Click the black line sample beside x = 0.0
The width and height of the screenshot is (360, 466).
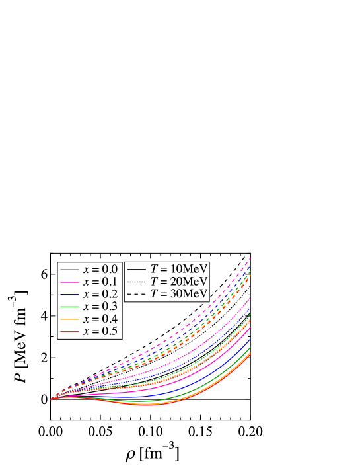(70, 270)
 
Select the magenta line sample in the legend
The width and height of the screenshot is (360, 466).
(70, 282)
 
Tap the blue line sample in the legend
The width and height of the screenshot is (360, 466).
(70, 294)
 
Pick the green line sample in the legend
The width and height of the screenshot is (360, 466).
(70, 307)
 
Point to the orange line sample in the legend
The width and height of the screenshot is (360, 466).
(70, 319)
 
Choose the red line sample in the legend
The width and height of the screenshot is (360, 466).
(70, 332)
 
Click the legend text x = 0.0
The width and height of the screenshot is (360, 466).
(100, 269)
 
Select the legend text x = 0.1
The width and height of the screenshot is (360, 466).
(100, 282)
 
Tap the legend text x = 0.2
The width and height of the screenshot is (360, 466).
(100, 294)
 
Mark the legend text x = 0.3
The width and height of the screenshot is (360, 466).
(100, 307)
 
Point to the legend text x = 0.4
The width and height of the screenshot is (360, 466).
(100, 319)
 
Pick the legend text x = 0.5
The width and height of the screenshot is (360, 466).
(100, 332)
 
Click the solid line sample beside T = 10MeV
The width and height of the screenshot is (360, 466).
(137, 269)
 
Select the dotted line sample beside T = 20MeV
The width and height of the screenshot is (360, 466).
(137, 282)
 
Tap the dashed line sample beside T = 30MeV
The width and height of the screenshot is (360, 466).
(137, 293)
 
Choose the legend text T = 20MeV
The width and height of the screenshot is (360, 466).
(179, 281)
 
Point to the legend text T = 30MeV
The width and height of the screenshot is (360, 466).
(179, 293)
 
